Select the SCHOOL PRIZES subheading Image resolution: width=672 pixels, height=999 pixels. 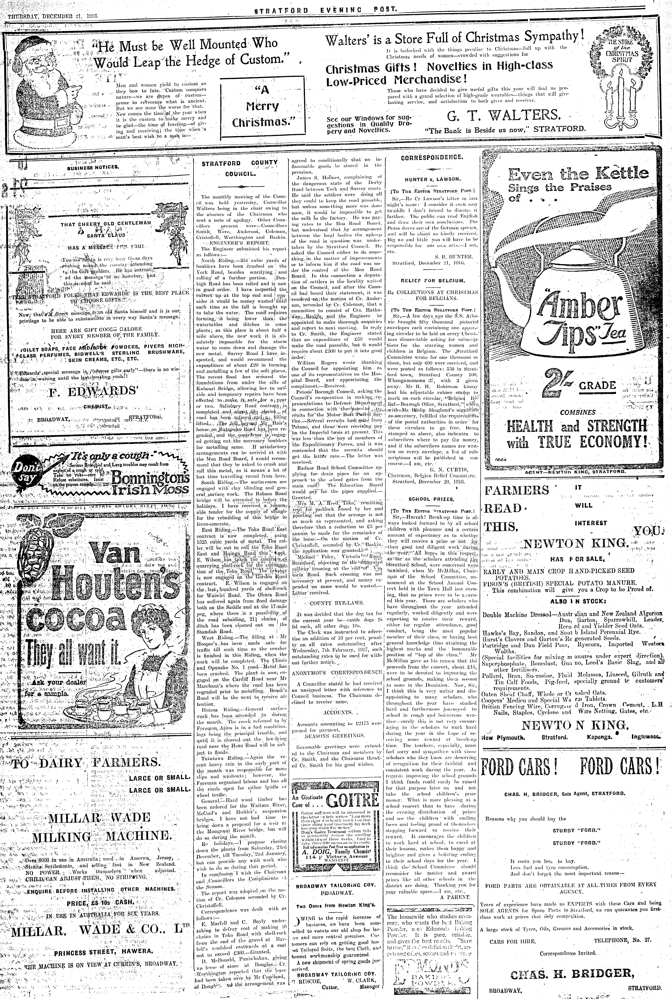[x=432, y=499]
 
